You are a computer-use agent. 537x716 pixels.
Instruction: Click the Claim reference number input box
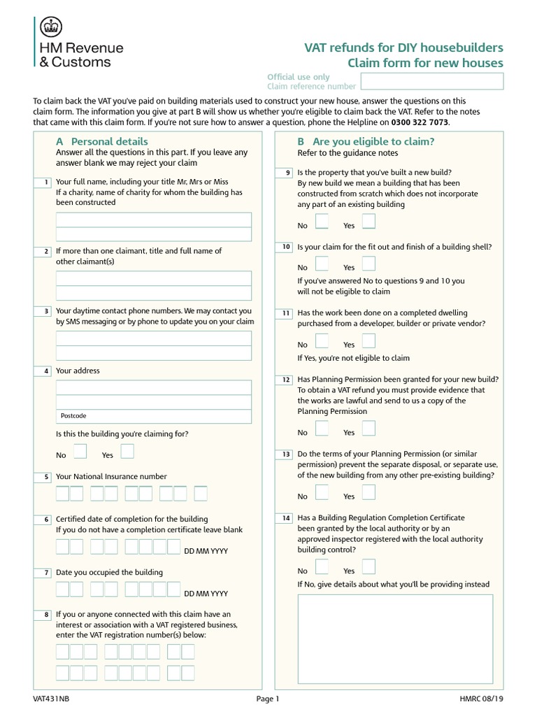click(431, 82)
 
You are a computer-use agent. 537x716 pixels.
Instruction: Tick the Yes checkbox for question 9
click(368, 222)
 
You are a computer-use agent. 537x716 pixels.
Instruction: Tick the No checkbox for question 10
click(321, 264)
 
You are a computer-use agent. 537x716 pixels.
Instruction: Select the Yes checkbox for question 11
click(368, 341)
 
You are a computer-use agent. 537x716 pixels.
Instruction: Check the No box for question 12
click(321, 429)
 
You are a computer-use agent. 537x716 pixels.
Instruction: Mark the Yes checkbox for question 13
click(368, 492)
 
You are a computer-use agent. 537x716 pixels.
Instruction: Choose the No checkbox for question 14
click(321, 567)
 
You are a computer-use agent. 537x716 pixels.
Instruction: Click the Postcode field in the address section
click(154, 416)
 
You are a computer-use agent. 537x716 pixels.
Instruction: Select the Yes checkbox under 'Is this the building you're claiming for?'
click(127, 451)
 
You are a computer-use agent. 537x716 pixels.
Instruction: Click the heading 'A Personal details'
click(102, 141)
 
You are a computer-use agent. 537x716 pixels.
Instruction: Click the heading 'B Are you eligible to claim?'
click(365, 141)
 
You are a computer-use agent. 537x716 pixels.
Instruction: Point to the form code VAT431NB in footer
click(51, 699)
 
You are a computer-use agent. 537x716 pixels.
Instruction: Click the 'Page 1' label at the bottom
click(268, 699)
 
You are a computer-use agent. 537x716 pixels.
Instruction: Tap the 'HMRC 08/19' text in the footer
click(480, 699)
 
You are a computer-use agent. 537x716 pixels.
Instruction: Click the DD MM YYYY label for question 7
click(206, 594)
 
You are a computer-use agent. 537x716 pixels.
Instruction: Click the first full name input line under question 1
click(154, 220)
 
